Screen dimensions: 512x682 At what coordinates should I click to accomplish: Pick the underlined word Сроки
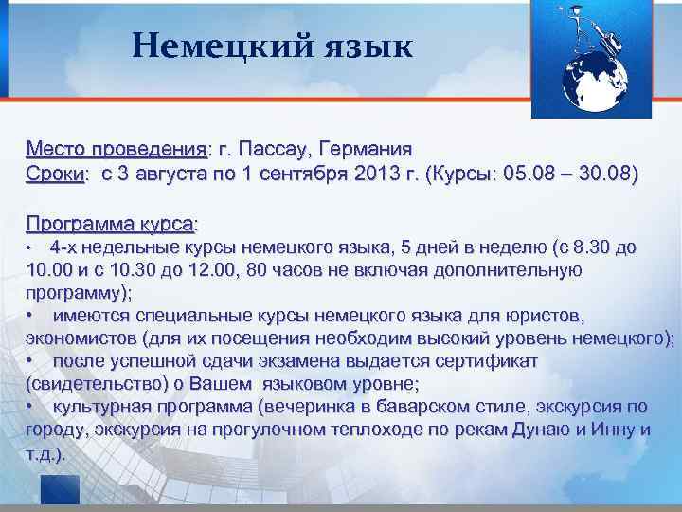(55, 174)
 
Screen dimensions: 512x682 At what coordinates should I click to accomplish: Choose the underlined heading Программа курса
(110, 224)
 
